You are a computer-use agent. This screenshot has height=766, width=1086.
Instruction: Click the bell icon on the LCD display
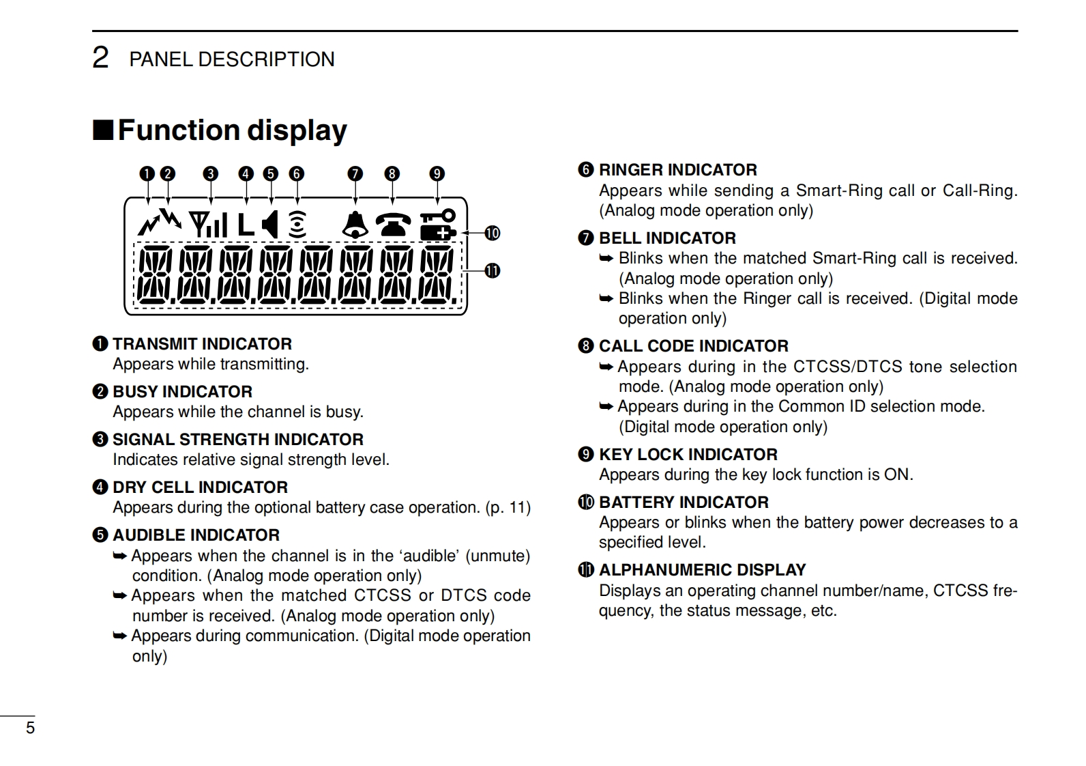tap(355, 225)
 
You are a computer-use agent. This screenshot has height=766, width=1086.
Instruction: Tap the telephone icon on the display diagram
tap(394, 225)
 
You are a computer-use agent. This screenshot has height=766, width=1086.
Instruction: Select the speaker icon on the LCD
tap(271, 225)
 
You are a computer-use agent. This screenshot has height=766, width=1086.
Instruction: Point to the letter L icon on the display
tap(246, 225)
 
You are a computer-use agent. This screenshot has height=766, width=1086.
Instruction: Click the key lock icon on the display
tap(437, 216)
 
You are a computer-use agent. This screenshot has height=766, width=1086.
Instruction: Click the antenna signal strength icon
tap(208, 225)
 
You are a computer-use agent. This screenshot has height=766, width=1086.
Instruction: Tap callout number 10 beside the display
tap(492, 233)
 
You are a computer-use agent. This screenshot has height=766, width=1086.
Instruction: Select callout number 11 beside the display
tap(492, 271)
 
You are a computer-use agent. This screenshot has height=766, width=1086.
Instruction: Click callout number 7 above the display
tap(355, 174)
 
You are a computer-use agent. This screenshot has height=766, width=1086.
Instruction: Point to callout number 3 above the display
tap(211, 174)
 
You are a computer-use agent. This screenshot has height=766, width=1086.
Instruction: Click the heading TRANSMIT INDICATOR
tap(202, 344)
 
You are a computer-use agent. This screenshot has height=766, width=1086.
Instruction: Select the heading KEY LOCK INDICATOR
tap(688, 455)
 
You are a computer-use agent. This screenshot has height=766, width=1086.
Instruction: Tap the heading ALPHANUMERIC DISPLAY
tap(702, 570)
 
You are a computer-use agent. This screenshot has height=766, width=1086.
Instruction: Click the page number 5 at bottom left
tap(30, 728)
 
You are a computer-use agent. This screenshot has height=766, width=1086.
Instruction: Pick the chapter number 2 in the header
tap(100, 58)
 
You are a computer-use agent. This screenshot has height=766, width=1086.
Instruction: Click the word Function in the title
tap(179, 130)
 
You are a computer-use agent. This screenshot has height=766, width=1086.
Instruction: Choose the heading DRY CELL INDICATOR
tap(200, 487)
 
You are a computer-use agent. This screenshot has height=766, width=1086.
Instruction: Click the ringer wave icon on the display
tap(297, 225)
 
